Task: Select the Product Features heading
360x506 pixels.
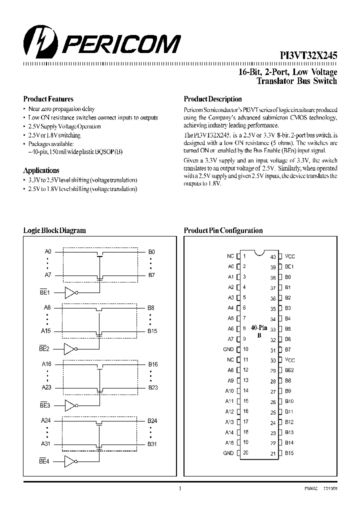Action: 48,99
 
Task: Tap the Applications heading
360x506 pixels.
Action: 41,170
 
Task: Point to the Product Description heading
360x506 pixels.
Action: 212,99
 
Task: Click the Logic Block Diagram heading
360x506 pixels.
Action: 54,230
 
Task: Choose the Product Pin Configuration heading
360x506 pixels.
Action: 223,230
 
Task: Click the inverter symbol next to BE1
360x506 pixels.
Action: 70,292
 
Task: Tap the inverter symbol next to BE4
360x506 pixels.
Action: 70,461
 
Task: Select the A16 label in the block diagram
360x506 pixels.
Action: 47,364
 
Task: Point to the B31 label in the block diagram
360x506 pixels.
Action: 152,443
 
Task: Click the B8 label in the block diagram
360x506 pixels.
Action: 151,308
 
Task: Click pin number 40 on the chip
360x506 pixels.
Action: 273,257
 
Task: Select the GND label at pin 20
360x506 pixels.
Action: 228,453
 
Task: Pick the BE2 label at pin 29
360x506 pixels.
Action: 289,370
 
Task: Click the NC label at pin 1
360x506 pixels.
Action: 230,256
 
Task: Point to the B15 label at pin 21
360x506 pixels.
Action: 289,453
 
